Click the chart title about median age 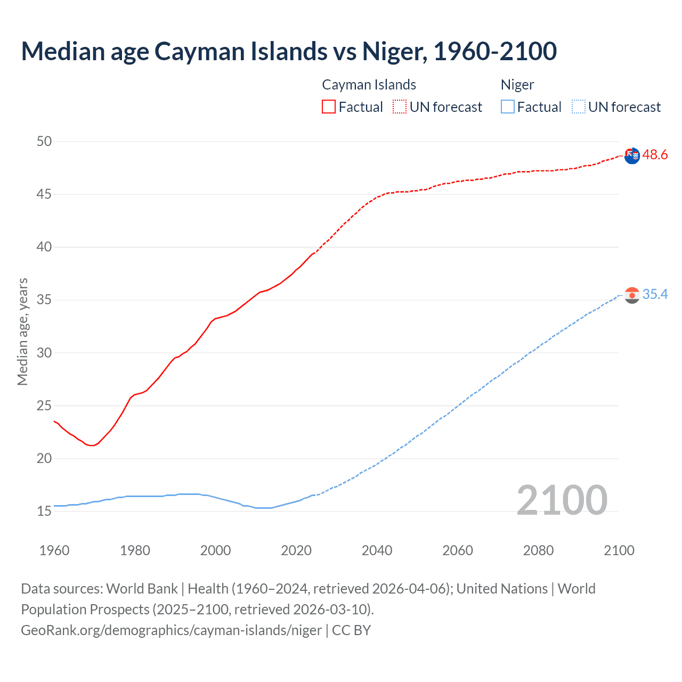point(289,51)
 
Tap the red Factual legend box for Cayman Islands point(329,107)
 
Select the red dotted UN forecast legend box point(400,107)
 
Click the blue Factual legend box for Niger point(507,107)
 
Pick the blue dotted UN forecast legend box point(578,107)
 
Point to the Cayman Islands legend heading point(369,85)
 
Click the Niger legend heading point(517,85)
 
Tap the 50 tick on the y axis point(44,141)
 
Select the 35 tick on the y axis point(44,300)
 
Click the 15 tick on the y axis point(44,511)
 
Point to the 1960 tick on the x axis point(54,550)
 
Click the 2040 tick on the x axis point(377,550)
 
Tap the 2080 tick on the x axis point(538,550)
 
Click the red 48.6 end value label point(655,155)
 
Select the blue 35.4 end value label point(655,295)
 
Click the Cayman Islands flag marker point(632,156)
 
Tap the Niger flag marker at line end point(632,295)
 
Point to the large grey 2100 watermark point(562,500)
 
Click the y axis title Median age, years point(22,331)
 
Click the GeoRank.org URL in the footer point(171,630)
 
